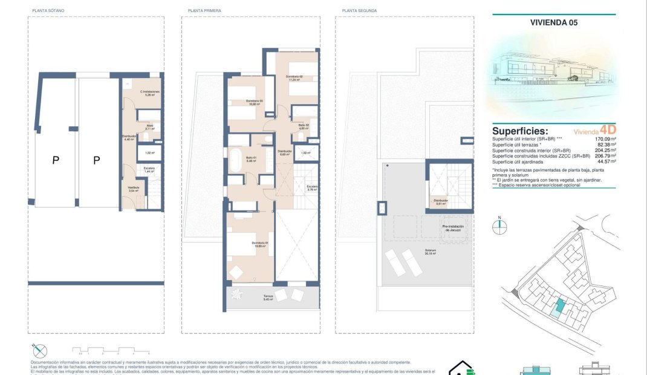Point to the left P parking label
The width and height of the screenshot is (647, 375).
(x=56, y=160)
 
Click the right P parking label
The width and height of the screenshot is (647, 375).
(x=97, y=160)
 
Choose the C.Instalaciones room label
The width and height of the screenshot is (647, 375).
(x=149, y=93)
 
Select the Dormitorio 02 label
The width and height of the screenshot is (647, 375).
(x=294, y=77)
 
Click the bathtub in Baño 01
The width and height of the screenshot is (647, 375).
(x=234, y=160)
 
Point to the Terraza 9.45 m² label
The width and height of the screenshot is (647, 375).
(x=268, y=298)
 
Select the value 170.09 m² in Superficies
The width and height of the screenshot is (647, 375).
(x=605, y=139)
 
